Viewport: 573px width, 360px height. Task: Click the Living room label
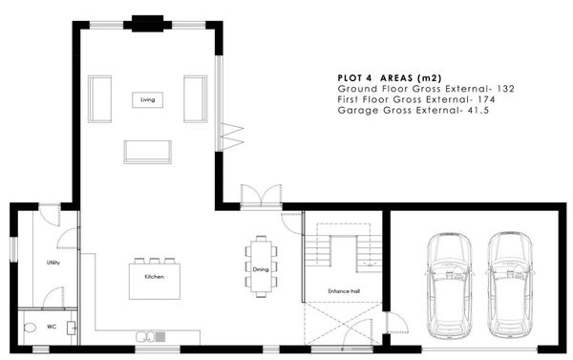pos(148,99)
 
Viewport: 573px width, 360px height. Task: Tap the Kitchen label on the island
pos(154,277)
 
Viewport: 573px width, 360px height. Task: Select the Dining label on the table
pos(261,269)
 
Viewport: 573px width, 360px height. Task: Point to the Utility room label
pos(53,263)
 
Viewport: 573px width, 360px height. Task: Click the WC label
pos(52,327)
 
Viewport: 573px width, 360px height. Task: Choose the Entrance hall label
pos(344,291)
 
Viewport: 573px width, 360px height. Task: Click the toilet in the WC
pos(30,328)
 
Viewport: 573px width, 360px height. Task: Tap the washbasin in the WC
pos(72,328)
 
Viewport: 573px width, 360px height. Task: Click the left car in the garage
pos(449,286)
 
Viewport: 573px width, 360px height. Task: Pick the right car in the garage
pos(509,286)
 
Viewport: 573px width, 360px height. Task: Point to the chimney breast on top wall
pos(147,24)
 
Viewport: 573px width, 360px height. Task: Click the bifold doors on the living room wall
pos(231,137)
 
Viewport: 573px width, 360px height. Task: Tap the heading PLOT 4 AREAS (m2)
pos(390,78)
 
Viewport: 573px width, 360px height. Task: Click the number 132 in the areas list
pos(505,89)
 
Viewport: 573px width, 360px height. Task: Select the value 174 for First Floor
pos(486,99)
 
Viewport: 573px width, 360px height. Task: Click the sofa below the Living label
pos(148,152)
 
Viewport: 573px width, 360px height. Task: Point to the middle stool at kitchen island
pos(154,261)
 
